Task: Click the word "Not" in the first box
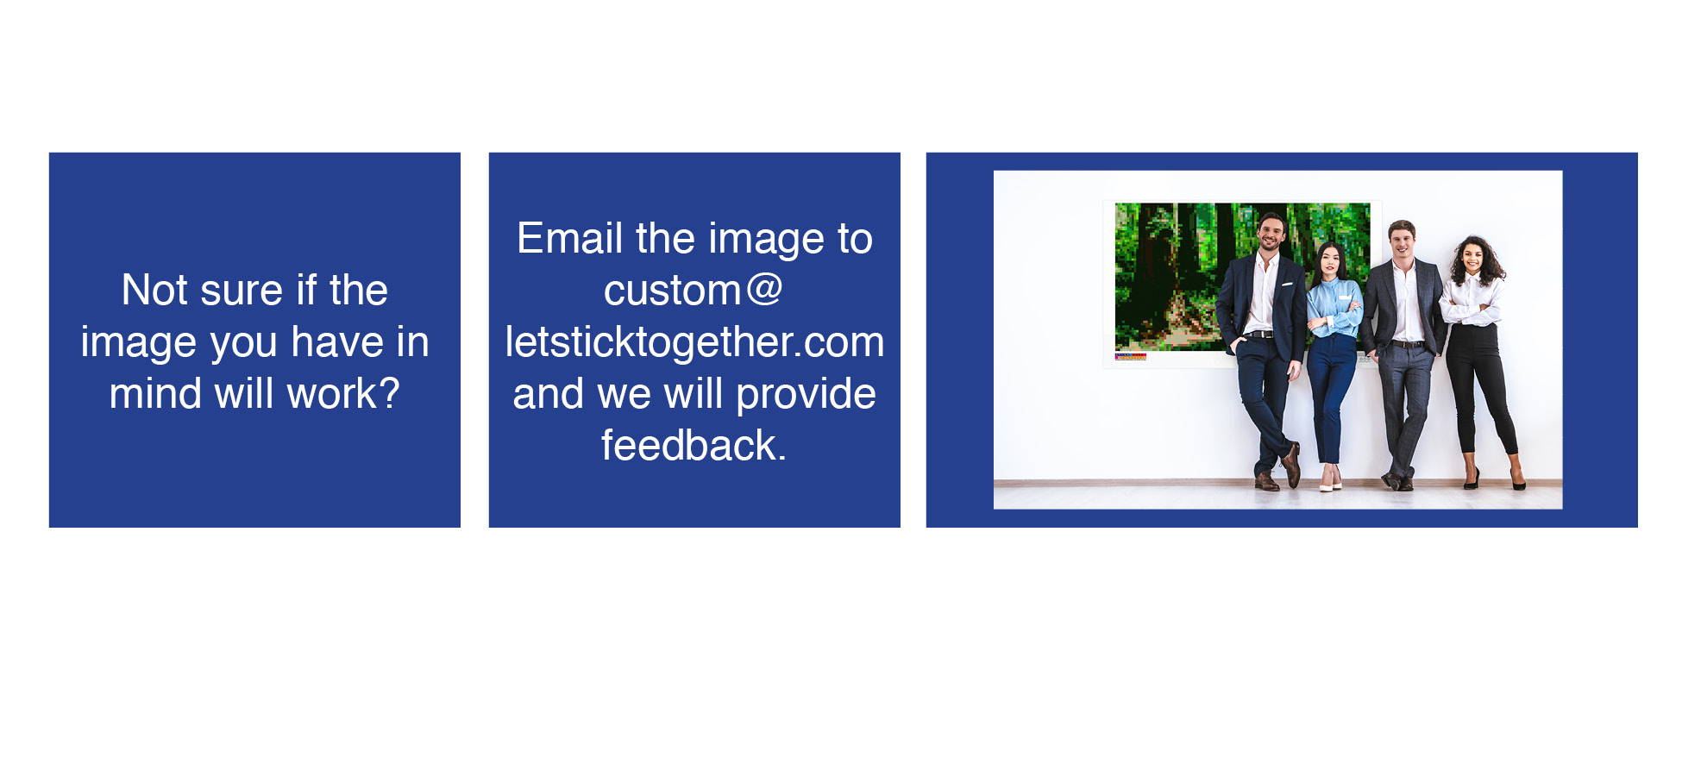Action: pos(154,290)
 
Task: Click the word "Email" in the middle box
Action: pos(569,238)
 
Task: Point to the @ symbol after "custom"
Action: pos(764,290)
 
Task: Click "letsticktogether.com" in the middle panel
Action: pos(694,341)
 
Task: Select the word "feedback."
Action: pos(694,445)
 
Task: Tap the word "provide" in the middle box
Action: pos(806,395)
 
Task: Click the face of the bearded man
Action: pos(1270,233)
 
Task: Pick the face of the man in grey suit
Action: pos(1403,241)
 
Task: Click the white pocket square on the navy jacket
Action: pos(1286,284)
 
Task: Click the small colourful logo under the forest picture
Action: pos(1130,356)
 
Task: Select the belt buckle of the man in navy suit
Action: pos(1260,334)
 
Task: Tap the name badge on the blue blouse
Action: pos(1345,297)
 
